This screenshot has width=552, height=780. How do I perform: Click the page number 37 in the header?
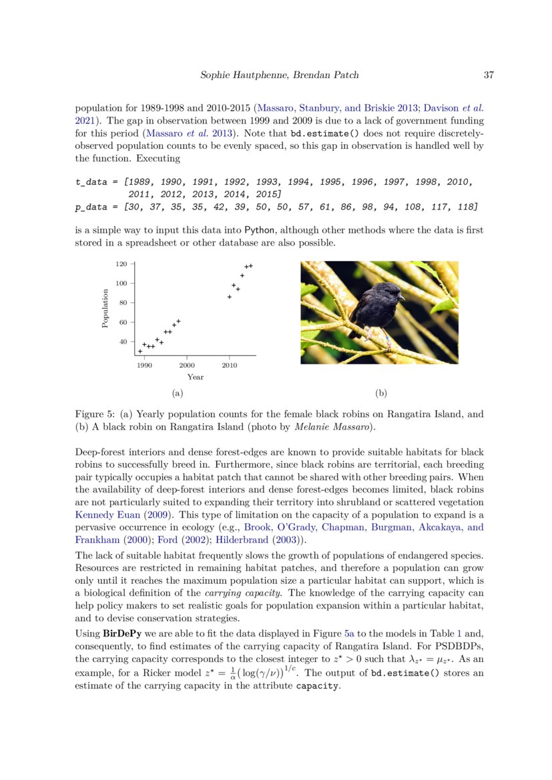pyautogui.click(x=488, y=75)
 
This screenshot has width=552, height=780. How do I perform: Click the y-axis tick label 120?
pyautogui.click(x=121, y=264)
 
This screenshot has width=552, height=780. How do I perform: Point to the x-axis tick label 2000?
pyautogui.click(x=187, y=366)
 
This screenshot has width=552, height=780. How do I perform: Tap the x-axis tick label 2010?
pyautogui.click(x=230, y=366)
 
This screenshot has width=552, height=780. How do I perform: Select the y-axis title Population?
pyautogui.click(x=105, y=308)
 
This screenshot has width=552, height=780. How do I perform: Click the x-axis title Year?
pyautogui.click(x=195, y=377)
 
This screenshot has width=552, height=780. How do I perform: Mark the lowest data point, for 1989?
pyautogui.click(x=140, y=351)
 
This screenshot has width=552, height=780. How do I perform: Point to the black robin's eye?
pyautogui.click(x=392, y=290)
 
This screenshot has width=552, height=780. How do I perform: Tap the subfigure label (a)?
pyautogui.click(x=177, y=393)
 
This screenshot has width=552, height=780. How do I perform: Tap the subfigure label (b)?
pyautogui.click(x=381, y=393)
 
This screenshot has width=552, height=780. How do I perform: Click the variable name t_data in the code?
pyautogui.click(x=90, y=181)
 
